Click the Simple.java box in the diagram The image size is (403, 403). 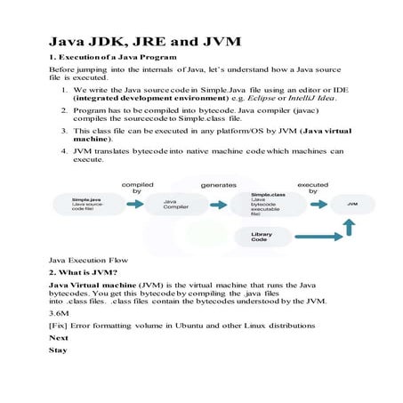coord(76,204)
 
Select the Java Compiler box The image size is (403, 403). coord(175,204)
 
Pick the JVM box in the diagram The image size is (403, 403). coord(351,204)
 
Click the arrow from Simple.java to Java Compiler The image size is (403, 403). coord(132,204)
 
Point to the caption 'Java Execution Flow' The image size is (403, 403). coord(84,259)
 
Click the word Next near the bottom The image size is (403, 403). coord(58,338)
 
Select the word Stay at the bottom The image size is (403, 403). coord(57,351)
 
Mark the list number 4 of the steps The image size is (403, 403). coord(64,151)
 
